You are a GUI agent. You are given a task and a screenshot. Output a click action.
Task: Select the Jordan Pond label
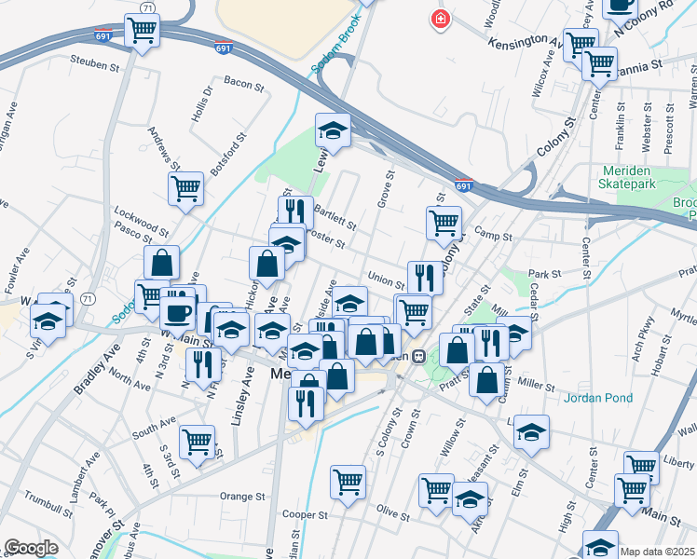point(598,398)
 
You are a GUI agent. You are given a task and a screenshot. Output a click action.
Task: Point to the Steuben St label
point(96,63)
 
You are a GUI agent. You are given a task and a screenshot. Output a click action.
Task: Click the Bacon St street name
point(244,84)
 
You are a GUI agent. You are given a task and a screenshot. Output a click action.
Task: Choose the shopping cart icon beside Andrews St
point(185,188)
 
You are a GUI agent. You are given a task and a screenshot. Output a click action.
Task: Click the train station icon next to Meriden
point(419,355)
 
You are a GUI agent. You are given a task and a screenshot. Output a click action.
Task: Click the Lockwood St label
point(141,218)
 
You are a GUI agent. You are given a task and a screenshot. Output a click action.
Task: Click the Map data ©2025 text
point(658,552)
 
